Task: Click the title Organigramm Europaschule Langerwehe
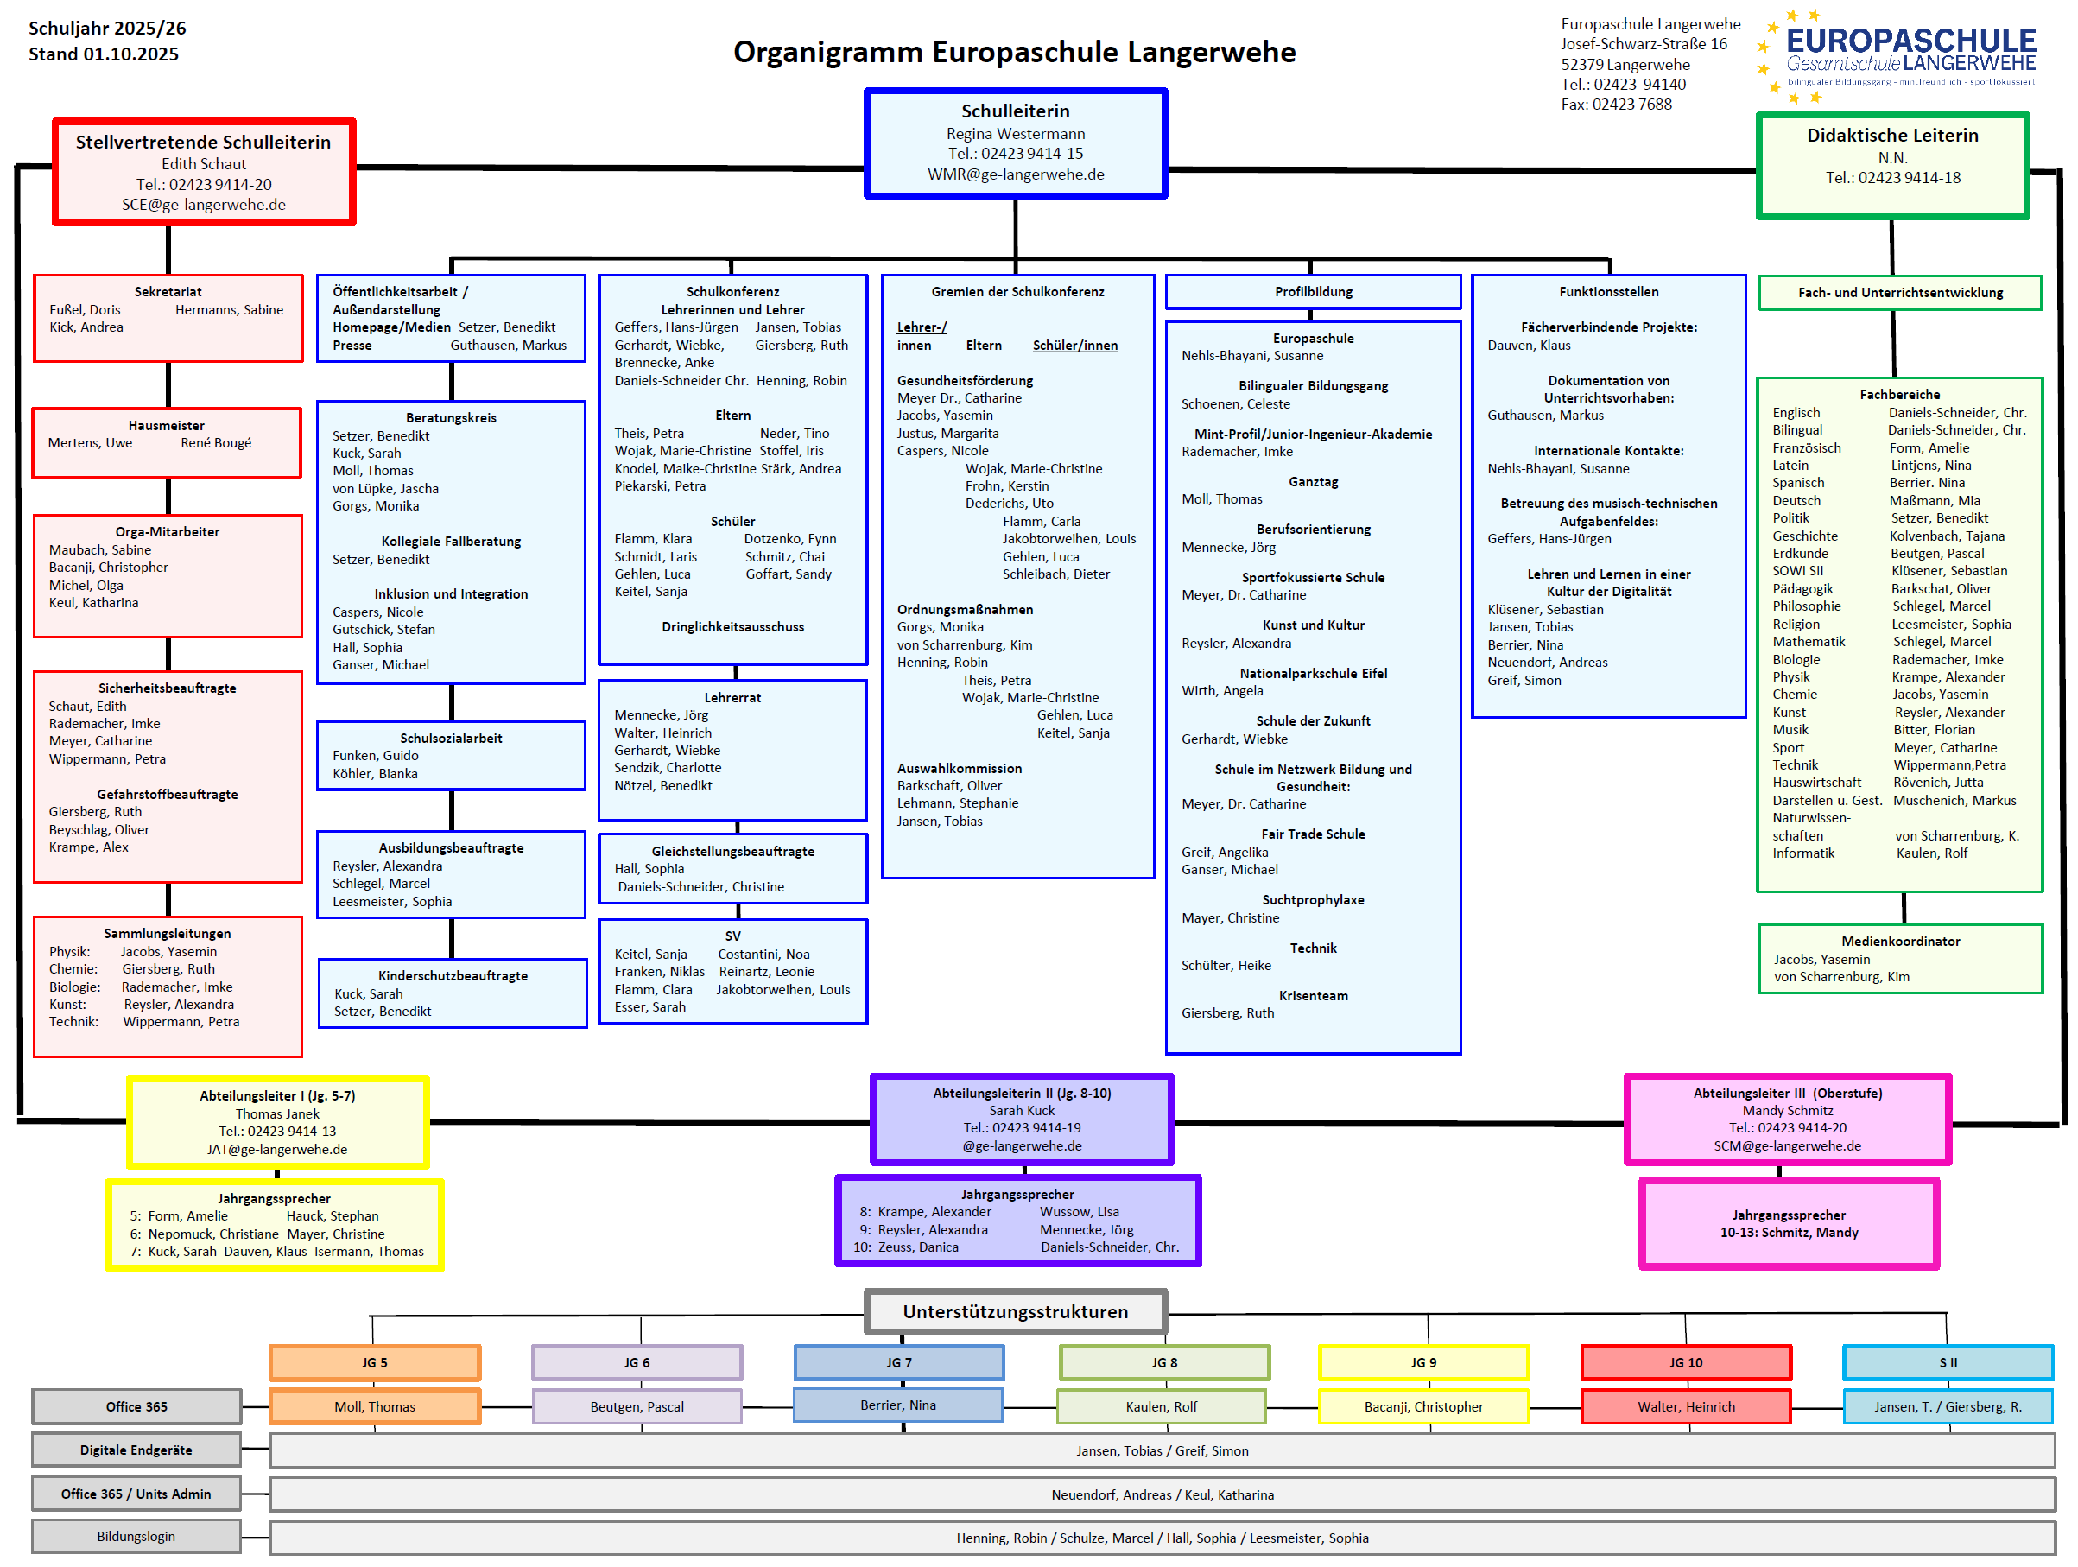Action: [x=1014, y=52]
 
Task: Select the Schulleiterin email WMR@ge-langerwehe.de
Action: [x=1016, y=174]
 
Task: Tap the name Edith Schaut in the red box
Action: [x=203, y=164]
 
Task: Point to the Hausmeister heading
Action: [x=167, y=426]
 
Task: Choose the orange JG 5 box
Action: [x=375, y=1362]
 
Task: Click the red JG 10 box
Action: [x=1685, y=1362]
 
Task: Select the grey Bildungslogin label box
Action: [x=136, y=1537]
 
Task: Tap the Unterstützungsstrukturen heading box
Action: [x=1015, y=1311]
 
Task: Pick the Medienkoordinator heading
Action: [x=1899, y=942]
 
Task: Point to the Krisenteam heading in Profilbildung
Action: [x=1313, y=996]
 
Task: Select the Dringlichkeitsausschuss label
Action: [x=732, y=626]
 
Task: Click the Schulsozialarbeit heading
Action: [x=451, y=739]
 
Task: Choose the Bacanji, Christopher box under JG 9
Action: [x=1423, y=1406]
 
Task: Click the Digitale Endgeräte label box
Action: [x=136, y=1450]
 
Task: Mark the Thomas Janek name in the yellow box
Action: [x=277, y=1114]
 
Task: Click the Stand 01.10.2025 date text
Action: [x=104, y=54]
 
